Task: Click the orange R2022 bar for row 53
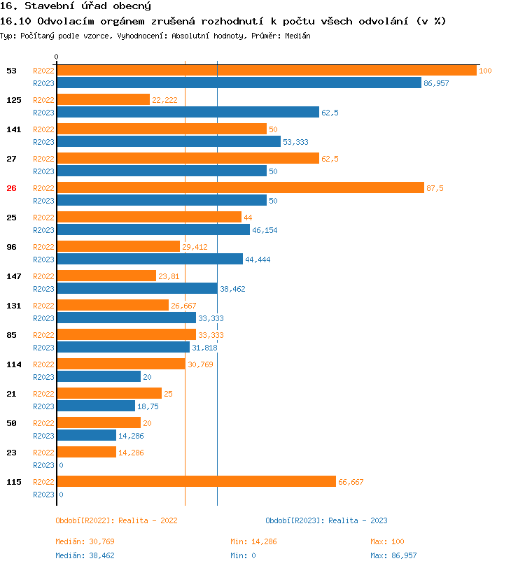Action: coord(266,71)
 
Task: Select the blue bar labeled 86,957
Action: coord(239,83)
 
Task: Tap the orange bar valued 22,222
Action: coord(103,100)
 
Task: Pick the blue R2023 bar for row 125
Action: coord(188,113)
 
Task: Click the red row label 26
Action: coord(11,188)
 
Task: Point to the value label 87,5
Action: coord(435,188)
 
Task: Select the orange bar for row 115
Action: coord(196,482)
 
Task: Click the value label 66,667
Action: coord(351,482)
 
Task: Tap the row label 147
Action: coord(14,276)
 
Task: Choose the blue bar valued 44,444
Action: coord(150,260)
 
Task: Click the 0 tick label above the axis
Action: coord(57,57)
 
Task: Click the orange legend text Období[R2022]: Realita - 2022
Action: coord(116,520)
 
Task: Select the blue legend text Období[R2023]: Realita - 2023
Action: coord(326,520)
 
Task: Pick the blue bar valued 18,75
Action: coord(95,406)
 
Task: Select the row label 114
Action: coord(14,364)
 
